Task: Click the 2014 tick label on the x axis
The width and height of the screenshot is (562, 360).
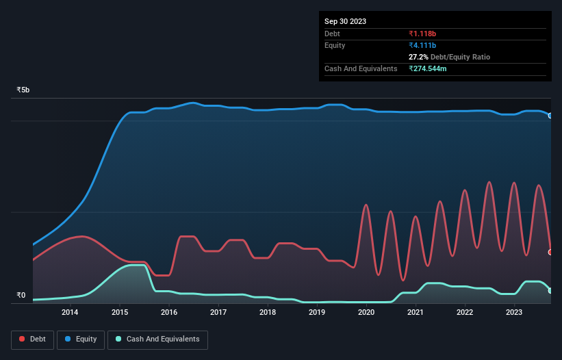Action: pyautogui.click(x=70, y=313)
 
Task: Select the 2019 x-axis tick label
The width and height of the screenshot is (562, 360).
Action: pyautogui.click(x=317, y=313)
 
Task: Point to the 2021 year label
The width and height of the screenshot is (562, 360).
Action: pyautogui.click(x=416, y=313)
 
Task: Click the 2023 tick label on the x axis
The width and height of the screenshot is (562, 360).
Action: pyautogui.click(x=514, y=313)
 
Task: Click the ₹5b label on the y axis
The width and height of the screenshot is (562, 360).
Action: pyautogui.click(x=23, y=90)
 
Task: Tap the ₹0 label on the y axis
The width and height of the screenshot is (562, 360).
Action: pyautogui.click(x=21, y=296)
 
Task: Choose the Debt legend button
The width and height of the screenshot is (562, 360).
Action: pyautogui.click(x=31, y=339)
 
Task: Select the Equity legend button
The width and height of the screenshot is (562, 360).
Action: pyautogui.click(x=81, y=339)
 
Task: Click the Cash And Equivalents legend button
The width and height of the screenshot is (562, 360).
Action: pyautogui.click(x=157, y=339)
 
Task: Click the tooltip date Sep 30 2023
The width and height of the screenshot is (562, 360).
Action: pyautogui.click(x=345, y=21)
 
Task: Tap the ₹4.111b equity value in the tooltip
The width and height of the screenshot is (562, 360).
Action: pyautogui.click(x=422, y=45)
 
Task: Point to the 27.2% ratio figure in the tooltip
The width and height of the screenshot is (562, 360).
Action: pyautogui.click(x=419, y=57)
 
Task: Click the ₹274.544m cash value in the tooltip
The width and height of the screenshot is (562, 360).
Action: pyautogui.click(x=428, y=68)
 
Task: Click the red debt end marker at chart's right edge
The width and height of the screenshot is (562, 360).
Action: pyautogui.click(x=550, y=252)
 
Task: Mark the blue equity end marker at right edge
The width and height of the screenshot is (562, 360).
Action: pyautogui.click(x=550, y=116)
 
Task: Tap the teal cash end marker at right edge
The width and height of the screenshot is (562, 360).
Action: pyautogui.click(x=550, y=291)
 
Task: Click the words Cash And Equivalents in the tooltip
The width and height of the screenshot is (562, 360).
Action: pyautogui.click(x=361, y=68)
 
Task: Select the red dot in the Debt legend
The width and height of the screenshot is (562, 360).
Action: pyautogui.click(x=23, y=339)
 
